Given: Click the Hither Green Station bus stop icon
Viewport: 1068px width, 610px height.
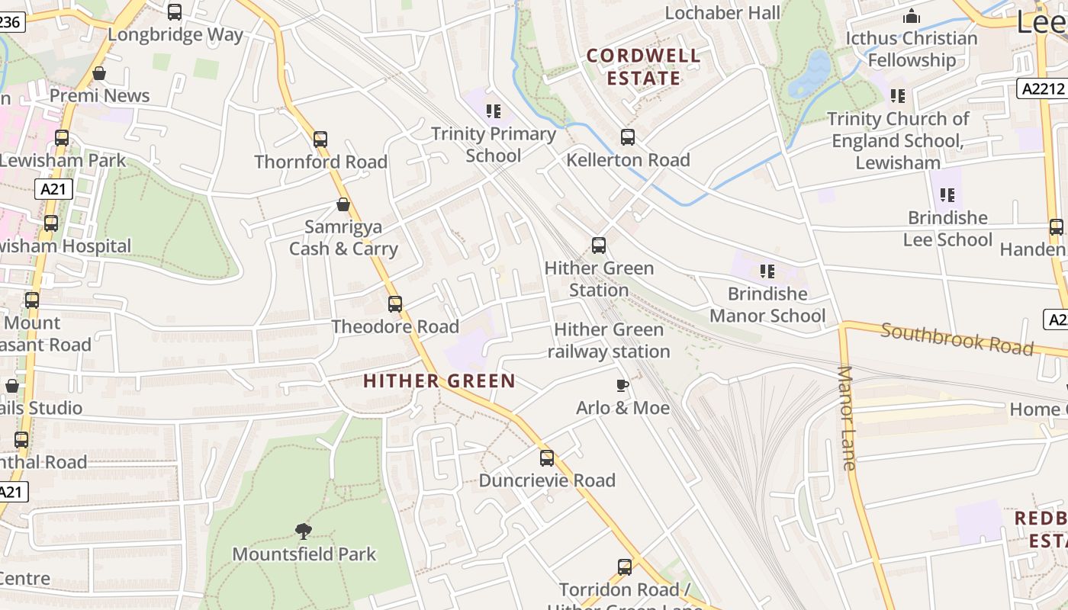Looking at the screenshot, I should (x=599, y=246).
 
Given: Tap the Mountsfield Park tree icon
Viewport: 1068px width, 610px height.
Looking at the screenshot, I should (x=304, y=531).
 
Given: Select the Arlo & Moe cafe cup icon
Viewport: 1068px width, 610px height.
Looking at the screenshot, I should (x=622, y=385).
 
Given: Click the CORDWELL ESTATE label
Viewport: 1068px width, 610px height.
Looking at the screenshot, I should (x=643, y=66).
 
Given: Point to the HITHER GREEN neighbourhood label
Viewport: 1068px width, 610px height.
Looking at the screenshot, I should (x=439, y=380).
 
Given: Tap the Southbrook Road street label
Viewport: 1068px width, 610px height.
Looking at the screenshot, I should (x=957, y=339).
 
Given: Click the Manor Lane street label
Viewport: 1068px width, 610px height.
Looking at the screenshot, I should (x=847, y=418).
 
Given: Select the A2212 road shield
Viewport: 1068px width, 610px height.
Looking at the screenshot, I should (x=1041, y=88).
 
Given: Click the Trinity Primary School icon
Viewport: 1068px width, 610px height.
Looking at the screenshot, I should (x=494, y=111).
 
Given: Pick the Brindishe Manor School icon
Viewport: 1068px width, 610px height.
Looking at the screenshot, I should (x=767, y=271).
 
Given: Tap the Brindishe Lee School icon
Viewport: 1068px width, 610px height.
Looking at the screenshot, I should (x=947, y=195).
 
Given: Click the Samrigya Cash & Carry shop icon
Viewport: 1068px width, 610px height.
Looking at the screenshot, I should (x=343, y=204).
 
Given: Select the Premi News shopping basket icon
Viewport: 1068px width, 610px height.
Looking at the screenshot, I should (x=98, y=73).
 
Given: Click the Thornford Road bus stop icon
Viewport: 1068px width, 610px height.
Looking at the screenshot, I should (x=320, y=140).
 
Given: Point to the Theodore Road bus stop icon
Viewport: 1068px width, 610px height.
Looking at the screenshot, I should (x=394, y=304).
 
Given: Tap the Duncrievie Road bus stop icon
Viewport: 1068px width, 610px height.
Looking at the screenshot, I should (x=547, y=458).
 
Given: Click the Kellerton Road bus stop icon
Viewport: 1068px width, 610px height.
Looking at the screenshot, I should (x=627, y=137).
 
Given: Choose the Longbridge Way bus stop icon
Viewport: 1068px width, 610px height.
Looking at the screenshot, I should (x=175, y=11).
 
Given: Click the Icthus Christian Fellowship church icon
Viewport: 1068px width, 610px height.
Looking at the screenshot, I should (x=911, y=16).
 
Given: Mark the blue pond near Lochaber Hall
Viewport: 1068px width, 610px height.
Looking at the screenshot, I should (x=810, y=73).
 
